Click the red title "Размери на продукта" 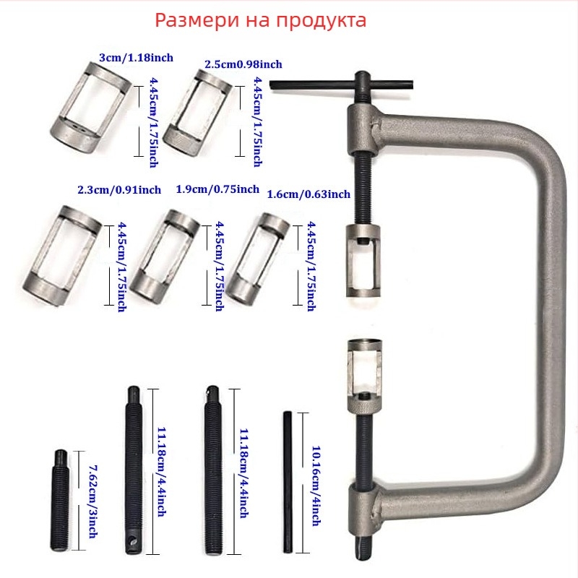tap(261, 20)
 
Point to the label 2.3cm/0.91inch tap(119, 191)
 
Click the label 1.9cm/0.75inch tap(217, 189)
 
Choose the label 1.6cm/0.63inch tap(309, 194)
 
